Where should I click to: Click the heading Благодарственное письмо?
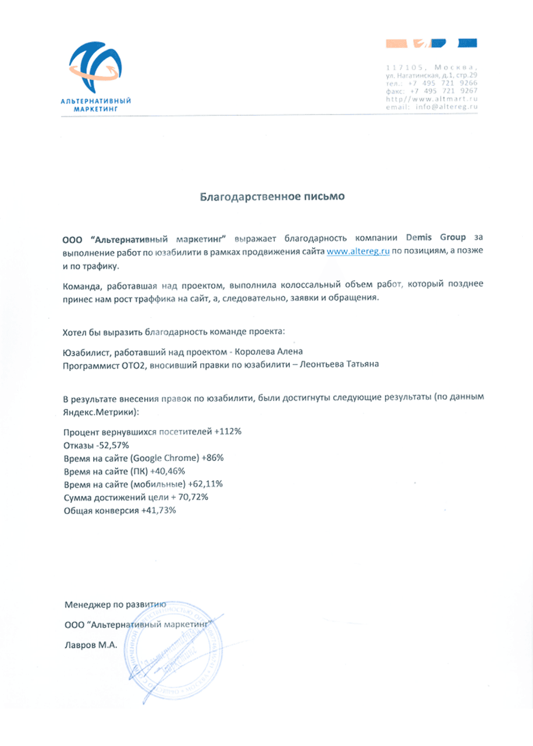click(272, 197)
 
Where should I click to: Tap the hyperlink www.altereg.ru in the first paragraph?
click(358, 251)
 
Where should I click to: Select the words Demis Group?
click(435, 237)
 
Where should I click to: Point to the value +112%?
click(228, 432)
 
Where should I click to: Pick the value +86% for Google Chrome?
click(212, 458)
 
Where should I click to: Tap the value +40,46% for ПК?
click(167, 471)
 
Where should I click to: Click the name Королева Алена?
click(268, 352)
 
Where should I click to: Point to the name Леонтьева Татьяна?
click(339, 364)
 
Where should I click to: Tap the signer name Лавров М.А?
click(91, 645)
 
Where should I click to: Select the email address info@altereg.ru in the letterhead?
click(446, 107)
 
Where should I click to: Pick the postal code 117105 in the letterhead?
click(404, 68)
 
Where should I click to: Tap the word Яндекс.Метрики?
click(100, 412)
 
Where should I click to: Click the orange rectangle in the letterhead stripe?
click(396, 44)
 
